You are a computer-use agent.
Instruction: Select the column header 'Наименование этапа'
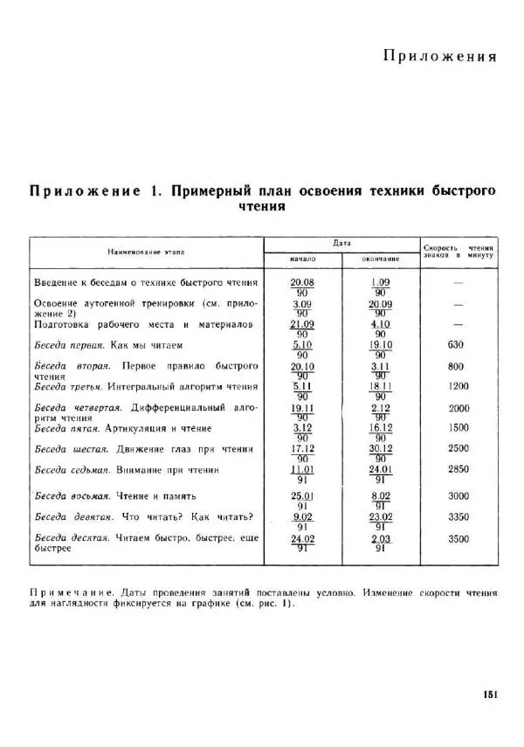tap(147, 252)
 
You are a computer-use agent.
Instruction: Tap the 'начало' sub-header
tap(301, 259)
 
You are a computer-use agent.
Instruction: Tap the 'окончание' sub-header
tap(380, 259)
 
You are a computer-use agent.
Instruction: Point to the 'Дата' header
tap(341, 243)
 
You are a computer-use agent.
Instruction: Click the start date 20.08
tap(301, 282)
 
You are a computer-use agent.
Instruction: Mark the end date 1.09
tap(380, 282)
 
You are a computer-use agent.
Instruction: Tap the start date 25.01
tap(301, 495)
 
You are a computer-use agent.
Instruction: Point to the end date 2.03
tap(380, 539)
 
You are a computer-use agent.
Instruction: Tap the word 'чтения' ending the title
tap(262, 207)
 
